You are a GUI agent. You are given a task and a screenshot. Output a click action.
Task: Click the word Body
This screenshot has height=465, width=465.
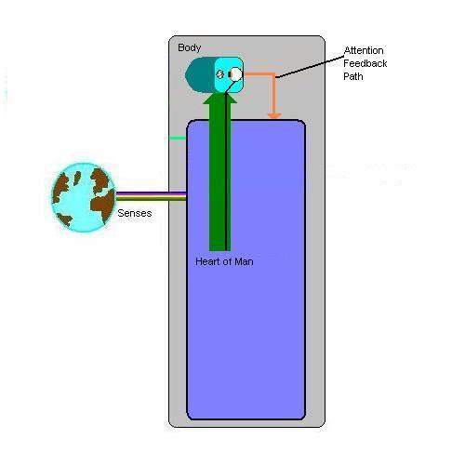190,47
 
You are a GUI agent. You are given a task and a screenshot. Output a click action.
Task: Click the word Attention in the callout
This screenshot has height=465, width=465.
364,50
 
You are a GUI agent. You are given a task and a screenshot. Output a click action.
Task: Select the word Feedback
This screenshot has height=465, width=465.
365,63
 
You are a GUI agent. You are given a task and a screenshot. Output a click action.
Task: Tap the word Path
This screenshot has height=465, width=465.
353,76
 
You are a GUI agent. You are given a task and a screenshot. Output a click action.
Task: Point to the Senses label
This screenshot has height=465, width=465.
135,213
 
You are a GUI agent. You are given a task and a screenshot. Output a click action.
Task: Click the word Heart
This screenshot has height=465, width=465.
207,261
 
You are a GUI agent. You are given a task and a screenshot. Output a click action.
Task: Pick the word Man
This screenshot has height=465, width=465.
244,261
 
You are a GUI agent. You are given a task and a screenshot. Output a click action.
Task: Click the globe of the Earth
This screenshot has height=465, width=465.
84,197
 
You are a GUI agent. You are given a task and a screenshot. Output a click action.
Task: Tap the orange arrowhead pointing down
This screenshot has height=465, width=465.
274,116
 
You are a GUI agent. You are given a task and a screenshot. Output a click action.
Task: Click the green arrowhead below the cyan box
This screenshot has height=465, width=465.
219,98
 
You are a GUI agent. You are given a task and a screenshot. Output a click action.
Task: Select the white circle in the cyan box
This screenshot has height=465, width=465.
236,74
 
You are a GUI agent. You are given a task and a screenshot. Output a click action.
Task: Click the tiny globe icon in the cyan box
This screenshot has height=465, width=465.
220,74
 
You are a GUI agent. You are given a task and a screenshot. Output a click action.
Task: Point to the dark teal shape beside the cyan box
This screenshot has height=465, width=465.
200,74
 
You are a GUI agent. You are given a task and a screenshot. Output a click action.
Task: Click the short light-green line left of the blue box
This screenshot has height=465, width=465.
178,139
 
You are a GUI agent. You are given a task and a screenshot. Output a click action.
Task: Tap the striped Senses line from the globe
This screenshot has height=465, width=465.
151,196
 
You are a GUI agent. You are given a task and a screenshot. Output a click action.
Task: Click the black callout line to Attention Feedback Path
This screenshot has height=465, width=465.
310,67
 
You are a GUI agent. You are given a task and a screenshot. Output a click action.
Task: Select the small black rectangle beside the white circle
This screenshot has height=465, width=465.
230,74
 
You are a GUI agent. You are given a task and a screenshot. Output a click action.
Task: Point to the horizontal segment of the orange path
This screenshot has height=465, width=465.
259,74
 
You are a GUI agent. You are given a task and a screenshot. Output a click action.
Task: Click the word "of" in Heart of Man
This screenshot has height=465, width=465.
227,261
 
